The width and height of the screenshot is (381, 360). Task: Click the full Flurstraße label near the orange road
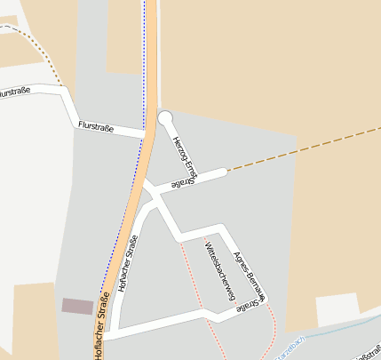(96, 127)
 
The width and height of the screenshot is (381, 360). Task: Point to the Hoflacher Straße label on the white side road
(129, 264)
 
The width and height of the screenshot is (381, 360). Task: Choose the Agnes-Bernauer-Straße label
(250, 279)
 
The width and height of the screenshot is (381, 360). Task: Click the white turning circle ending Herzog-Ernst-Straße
(164, 117)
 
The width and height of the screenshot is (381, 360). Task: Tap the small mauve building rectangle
(77, 306)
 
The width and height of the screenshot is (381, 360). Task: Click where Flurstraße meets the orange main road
(147, 135)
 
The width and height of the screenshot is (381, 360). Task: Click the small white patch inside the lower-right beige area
(337, 308)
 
